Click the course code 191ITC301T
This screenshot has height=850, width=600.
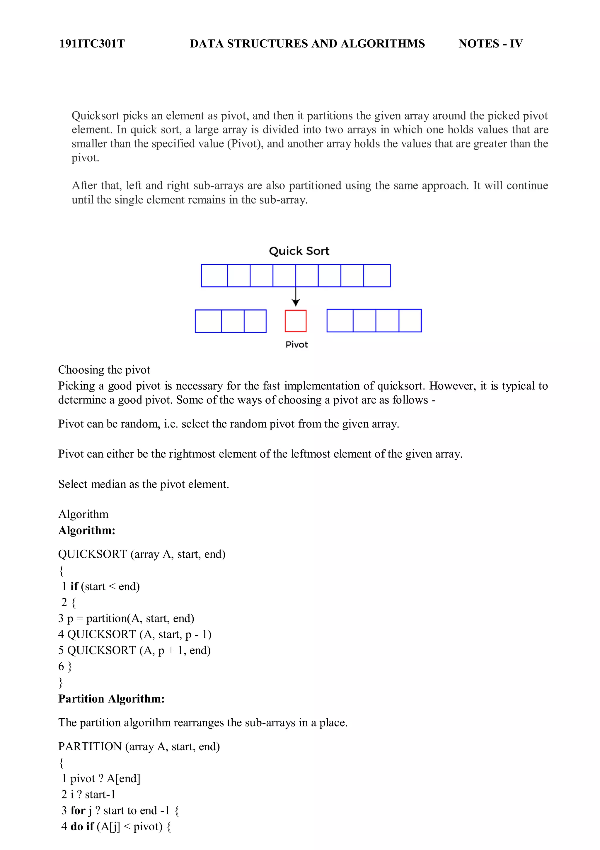coord(92,44)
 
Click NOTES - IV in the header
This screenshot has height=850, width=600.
coord(490,44)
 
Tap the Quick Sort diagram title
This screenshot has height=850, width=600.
coord(299,251)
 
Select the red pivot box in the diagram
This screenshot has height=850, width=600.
coord(296,320)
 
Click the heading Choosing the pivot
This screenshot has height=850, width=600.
coord(104,369)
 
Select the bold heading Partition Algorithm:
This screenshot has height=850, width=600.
coord(111,699)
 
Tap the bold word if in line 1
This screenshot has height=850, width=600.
coord(74,586)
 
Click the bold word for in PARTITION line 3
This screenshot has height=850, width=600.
coord(78,810)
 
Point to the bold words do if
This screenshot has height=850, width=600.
coord(82,826)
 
